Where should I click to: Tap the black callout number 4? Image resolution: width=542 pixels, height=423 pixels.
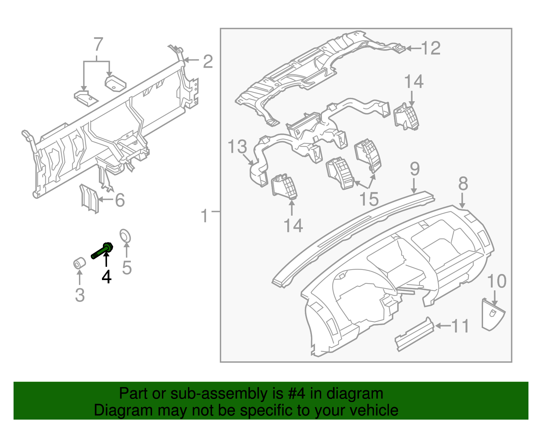click(106, 277)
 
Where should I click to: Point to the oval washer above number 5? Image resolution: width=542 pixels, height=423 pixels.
click(125, 236)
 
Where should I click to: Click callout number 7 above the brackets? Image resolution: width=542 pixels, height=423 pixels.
click(98, 44)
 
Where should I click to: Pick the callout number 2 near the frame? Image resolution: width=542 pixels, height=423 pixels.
click(208, 61)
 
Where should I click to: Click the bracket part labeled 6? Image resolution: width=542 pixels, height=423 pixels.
click(89, 199)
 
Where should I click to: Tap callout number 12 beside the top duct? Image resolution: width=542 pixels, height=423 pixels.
click(431, 48)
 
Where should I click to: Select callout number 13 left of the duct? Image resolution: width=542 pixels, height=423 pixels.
click(237, 147)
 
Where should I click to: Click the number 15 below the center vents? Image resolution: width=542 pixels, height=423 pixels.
click(369, 199)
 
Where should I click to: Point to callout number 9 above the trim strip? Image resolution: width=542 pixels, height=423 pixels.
click(415, 169)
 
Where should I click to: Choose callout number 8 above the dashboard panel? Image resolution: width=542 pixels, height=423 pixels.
click(463, 184)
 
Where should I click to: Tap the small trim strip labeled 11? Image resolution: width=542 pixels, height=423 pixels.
click(414, 334)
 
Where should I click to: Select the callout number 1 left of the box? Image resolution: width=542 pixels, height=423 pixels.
click(204, 216)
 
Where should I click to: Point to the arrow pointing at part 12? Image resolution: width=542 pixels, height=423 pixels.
click(413, 48)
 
